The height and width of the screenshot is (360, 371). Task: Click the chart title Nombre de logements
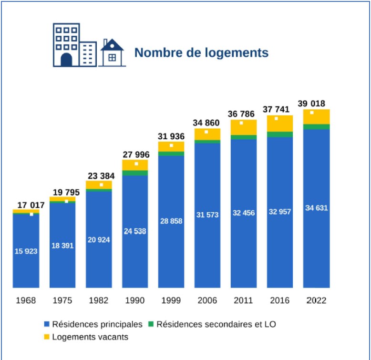pos(201,52)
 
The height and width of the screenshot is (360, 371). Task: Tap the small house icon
pos(112,53)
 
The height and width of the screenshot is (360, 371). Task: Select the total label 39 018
pos(317,104)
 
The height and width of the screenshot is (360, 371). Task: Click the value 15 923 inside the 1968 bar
pos(26,251)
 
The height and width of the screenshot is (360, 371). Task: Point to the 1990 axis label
pos(135,301)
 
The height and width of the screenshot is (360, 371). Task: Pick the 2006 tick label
pos(207,301)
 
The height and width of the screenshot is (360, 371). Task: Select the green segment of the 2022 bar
pos(317,126)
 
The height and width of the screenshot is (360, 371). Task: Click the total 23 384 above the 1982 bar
pos(99,175)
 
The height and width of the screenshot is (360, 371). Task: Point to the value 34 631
pos(317,208)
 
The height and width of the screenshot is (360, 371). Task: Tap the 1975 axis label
pos(62,301)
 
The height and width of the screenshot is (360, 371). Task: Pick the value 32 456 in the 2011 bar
pos(244,213)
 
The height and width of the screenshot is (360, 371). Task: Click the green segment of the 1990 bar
pos(135,173)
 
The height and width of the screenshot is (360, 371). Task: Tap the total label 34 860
pos(207,123)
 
